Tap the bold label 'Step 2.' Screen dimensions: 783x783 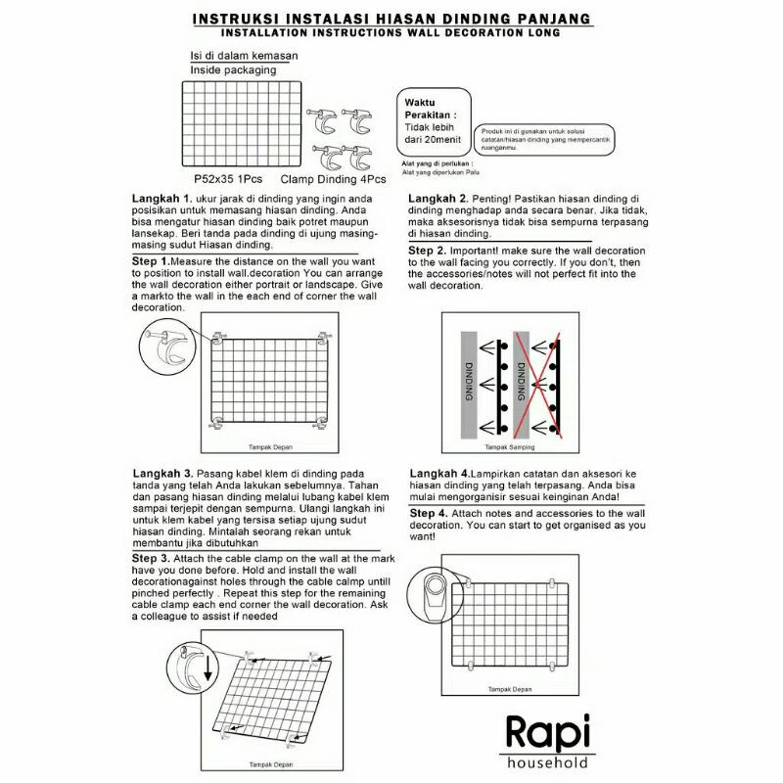point(429,251)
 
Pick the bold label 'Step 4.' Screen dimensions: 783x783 point(429,513)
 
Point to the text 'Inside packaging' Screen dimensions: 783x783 point(233,70)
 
